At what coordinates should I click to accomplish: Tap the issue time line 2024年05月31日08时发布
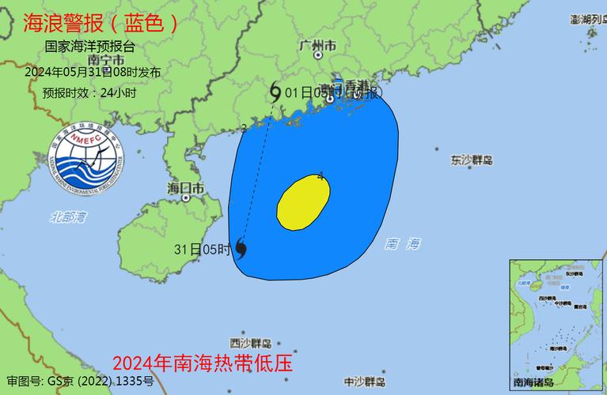point(93,72)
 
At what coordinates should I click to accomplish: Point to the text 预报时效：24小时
point(89,93)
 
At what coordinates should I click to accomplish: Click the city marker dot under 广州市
point(318,55)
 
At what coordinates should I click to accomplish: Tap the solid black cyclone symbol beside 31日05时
point(241,250)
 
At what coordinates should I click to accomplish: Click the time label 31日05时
point(203,250)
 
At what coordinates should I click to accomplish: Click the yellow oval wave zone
point(302,203)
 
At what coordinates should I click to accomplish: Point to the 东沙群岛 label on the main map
point(472,160)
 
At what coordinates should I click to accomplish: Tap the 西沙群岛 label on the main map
point(251,343)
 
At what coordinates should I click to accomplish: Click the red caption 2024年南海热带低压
point(203,364)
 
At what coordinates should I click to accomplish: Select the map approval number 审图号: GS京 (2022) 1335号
point(80,382)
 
